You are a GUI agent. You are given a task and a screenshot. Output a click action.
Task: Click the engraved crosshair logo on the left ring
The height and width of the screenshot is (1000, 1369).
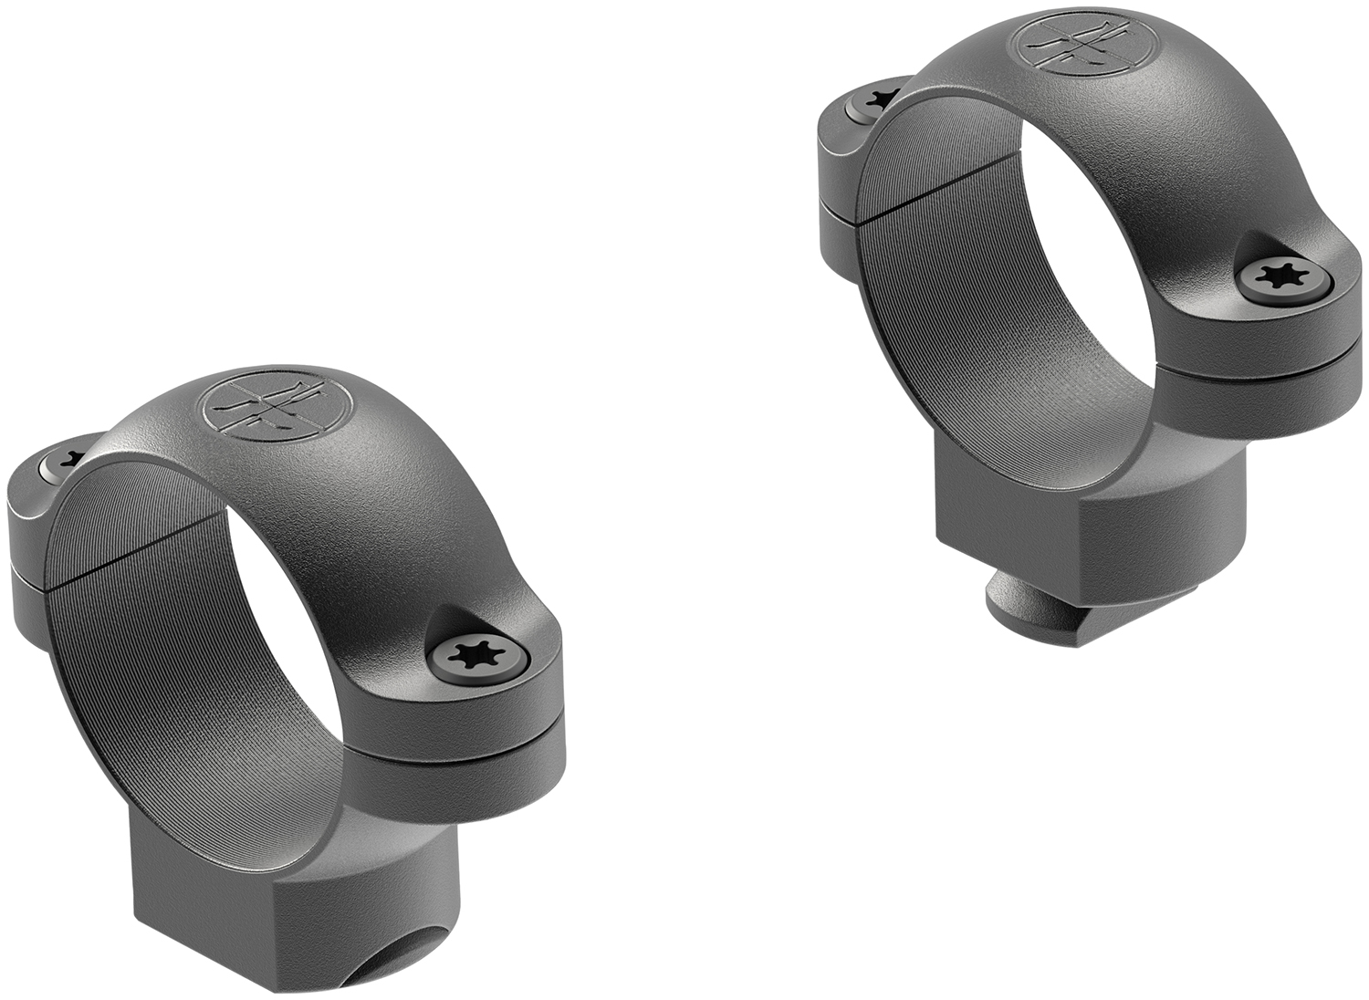click(276, 405)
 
